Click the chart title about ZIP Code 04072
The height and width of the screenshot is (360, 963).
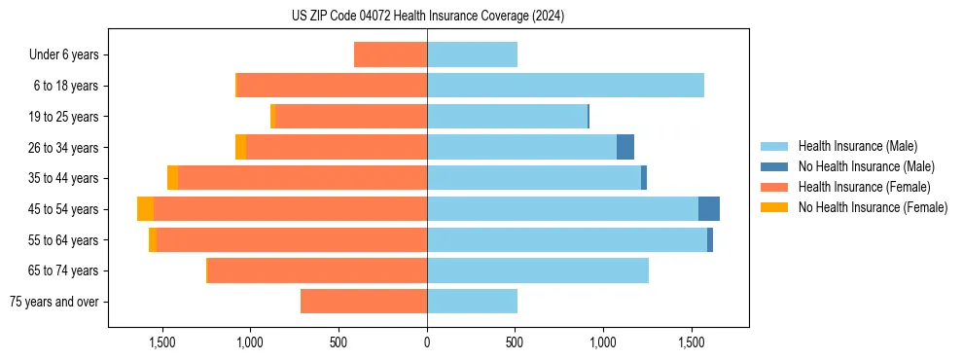pyautogui.click(x=428, y=17)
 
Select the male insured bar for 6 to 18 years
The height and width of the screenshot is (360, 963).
pyautogui.click(x=565, y=86)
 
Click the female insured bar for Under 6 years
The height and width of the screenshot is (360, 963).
pyautogui.click(x=390, y=54)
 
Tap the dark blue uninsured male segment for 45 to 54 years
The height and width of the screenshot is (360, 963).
pyautogui.click(x=709, y=209)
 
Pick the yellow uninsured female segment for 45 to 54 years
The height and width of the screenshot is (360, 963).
pyautogui.click(x=145, y=209)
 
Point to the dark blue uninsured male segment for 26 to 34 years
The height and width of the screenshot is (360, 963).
pyautogui.click(x=625, y=147)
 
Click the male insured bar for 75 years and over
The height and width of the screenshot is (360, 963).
pyautogui.click(x=472, y=302)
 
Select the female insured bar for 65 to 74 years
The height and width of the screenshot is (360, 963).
pyautogui.click(x=318, y=270)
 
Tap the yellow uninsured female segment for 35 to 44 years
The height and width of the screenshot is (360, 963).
pyautogui.click(x=172, y=178)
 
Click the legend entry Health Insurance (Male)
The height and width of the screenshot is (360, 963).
pyautogui.click(x=857, y=146)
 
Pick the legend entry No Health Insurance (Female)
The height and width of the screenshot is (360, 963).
pyautogui.click(x=872, y=207)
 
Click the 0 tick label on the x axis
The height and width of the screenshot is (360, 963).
pyautogui.click(x=427, y=342)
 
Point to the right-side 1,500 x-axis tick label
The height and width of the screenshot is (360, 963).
pyautogui.click(x=692, y=342)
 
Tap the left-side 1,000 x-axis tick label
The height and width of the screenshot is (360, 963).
pyautogui.click(x=250, y=342)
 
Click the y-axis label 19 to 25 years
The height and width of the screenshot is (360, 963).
pyautogui.click(x=65, y=117)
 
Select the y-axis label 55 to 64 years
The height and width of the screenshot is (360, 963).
pyautogui.click(x=65, y=240)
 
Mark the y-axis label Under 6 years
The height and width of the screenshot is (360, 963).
pyautogui.click(x=63, y=54)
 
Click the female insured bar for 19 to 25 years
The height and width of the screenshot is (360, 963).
pyautogui.click(x=351, y=117)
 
